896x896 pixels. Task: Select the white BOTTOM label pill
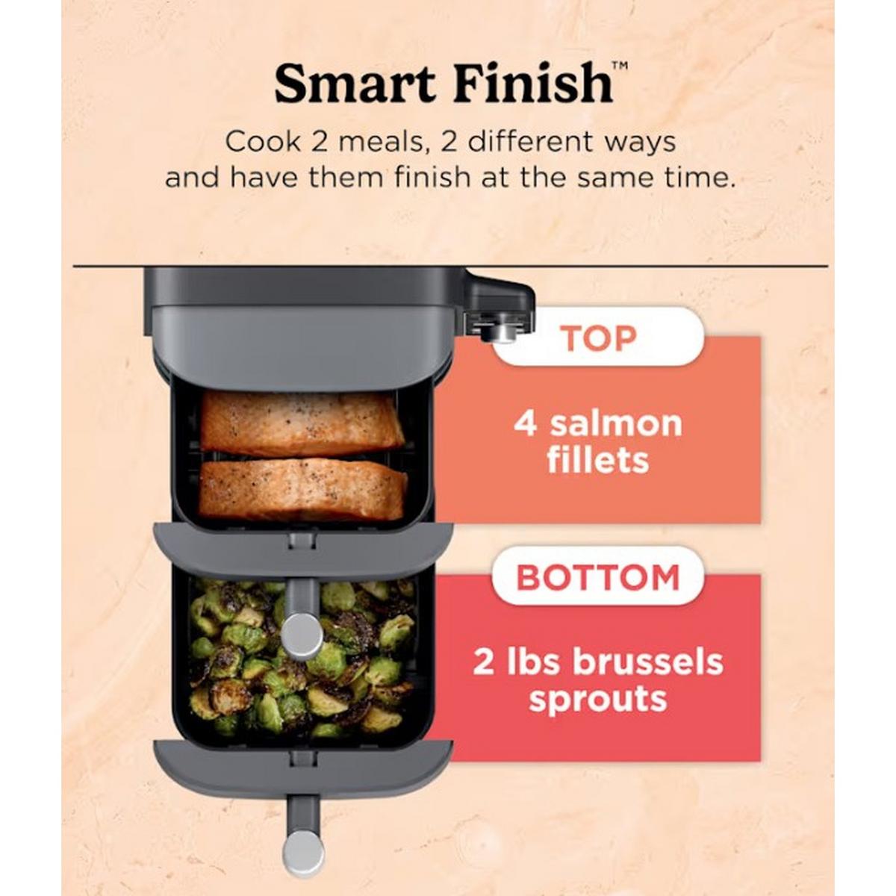(598, 576)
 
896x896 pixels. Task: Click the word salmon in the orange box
(616, 424)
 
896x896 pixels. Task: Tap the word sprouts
(598, 701)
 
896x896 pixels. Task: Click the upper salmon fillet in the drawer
(302, 423)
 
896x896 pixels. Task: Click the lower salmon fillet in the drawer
(302, 489)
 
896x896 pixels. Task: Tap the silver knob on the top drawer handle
(302, 635)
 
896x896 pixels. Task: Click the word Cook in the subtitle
(264, 141)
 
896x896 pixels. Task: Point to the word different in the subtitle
(530, 141)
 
